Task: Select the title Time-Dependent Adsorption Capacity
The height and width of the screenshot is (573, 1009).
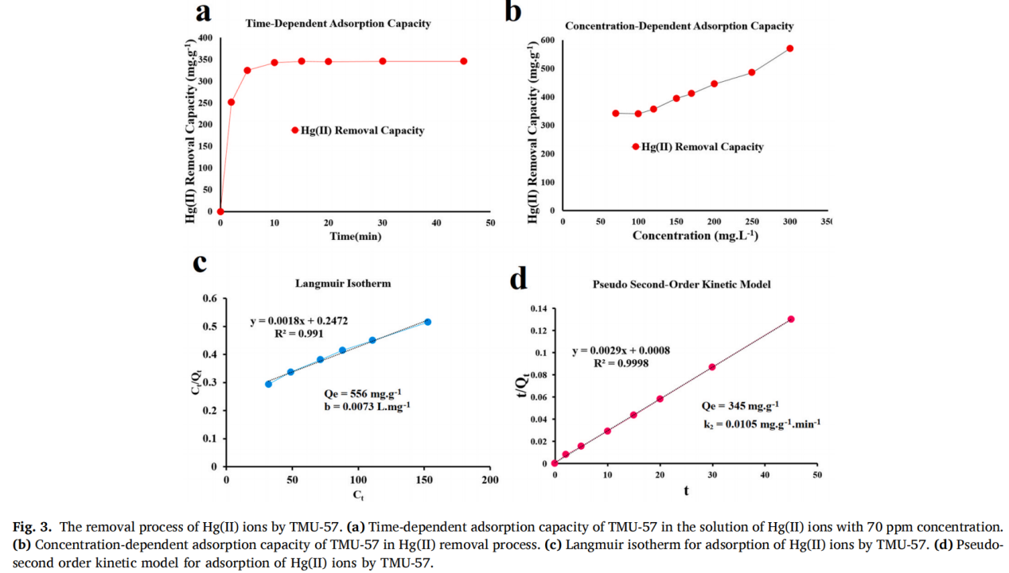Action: [x=337, y=24]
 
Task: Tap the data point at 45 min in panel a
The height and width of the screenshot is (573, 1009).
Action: [x=463, y=61]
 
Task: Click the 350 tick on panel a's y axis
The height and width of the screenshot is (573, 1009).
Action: [x=205, y=60]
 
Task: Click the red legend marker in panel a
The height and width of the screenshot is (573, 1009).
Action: [x=294, y=130]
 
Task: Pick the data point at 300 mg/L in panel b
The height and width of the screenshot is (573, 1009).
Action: [x=789, y=48]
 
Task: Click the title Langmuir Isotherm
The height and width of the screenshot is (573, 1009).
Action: [x=342, y=283]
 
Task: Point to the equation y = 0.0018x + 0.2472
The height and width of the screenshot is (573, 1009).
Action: [x=298, y=320]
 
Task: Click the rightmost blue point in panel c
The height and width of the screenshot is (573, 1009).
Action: [x=427, y=322]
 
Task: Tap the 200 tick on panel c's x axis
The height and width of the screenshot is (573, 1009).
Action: [x=489, y=481]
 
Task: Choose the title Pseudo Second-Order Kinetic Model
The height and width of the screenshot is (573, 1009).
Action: [x=680, y=285]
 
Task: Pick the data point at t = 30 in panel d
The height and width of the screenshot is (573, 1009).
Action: [x=711, y=367]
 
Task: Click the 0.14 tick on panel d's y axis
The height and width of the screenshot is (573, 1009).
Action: [x=539, y=308]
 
